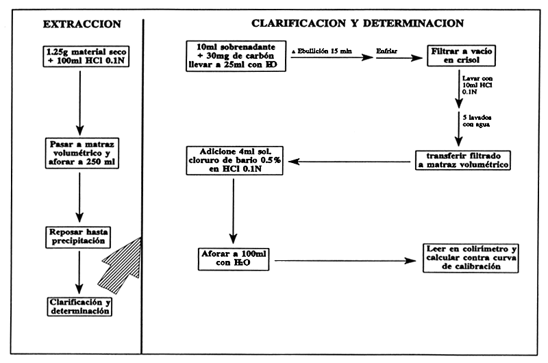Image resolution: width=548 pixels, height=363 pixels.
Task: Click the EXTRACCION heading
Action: [82, 23]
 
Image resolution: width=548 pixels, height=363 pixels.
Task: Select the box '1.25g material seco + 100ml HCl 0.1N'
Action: [82, 58]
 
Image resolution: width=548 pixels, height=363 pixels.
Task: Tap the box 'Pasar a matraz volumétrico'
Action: [82, 153]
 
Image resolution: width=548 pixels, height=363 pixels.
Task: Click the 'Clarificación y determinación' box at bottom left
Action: [81, 305]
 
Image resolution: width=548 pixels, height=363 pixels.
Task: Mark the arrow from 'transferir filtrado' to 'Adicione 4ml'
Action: [349, 162]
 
